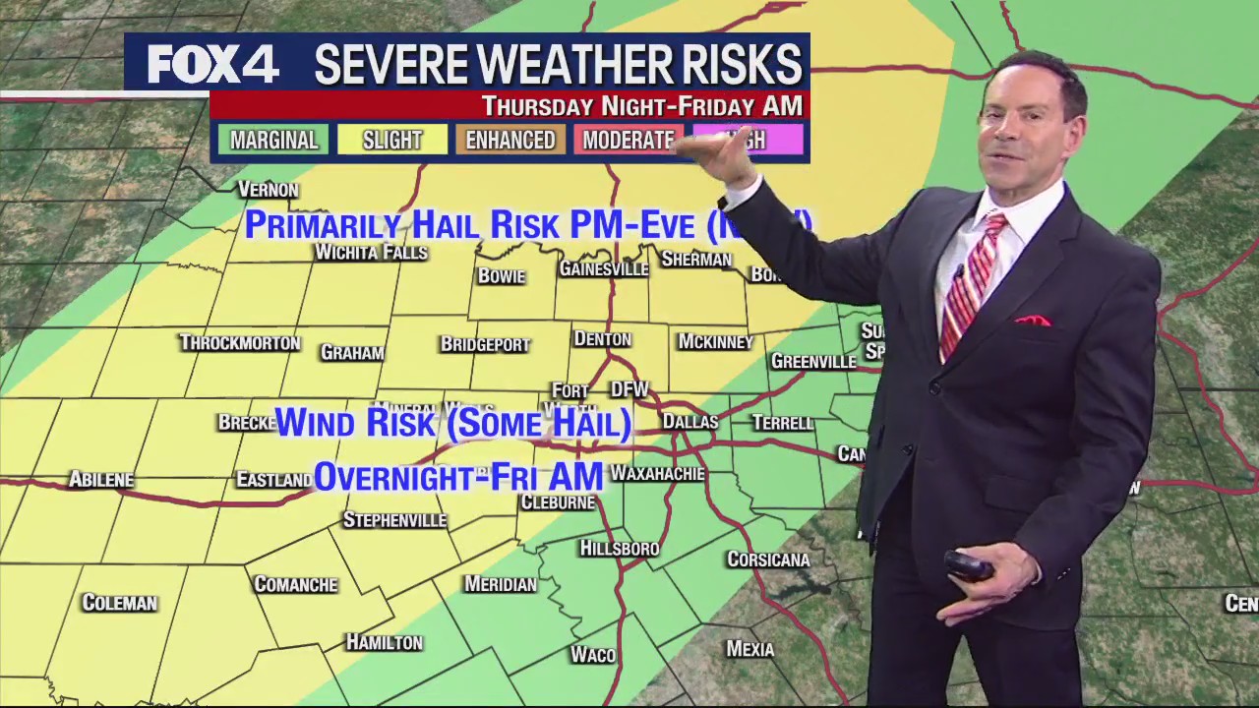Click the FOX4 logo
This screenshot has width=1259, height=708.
[213, 65]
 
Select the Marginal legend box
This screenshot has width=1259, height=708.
[273, 140]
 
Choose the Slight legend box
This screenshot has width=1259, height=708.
[391, 140]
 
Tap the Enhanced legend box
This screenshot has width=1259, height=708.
[510, 140]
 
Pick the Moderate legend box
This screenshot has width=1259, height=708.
[628, 140]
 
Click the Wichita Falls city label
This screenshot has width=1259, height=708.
[371, 253]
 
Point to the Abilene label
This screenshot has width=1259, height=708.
[100, 480]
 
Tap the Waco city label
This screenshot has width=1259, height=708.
[593, 655]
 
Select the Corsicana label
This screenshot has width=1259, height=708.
[768, 560]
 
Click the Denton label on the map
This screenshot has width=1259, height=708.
[602, 339]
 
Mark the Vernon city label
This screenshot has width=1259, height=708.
[268, 190]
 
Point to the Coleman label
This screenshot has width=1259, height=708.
[119, 603]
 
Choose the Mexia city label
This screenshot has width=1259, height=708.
[749, 649]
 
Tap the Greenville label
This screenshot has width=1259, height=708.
[813, 362]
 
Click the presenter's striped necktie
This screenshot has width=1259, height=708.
[970, 285]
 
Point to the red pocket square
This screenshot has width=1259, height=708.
[1031, 321]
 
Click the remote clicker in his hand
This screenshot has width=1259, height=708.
[968, 567]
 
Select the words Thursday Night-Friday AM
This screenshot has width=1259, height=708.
[641, 106]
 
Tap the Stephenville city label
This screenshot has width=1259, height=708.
[394, 520]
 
